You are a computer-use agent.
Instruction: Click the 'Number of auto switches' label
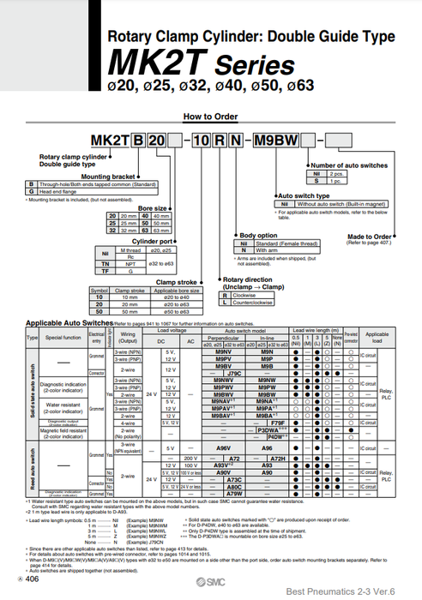[342, 165]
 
